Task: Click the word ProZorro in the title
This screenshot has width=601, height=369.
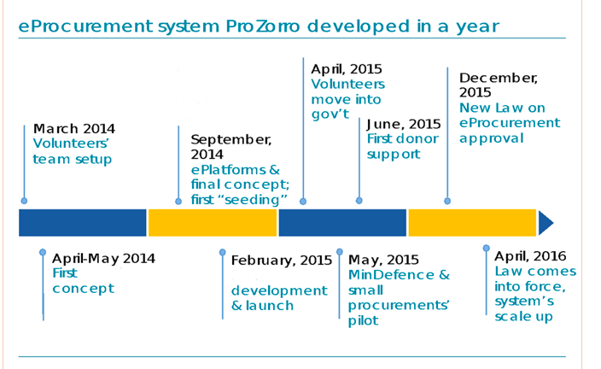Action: pyautogui.click(x=263, y=26)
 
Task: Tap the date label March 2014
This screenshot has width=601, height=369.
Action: pyautogui.click(x=74, y=128)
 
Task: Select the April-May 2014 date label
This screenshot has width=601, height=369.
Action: pyautogui.click(x=103, y=259)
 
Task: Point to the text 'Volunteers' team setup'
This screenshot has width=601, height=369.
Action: pyautogui.click(x=72, y=151)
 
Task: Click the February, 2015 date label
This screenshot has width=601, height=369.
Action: pyautogui.click(x=282, y=261)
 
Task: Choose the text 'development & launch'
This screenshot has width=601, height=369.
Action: pyautogui.click(x=279, y=298)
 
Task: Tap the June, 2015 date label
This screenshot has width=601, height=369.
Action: pyautogui.click(x=404, y=124)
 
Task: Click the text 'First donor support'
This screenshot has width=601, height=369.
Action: pyautogui.click(x=402, y=147)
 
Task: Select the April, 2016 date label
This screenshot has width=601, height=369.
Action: pyautogui.click(x=530, y=256)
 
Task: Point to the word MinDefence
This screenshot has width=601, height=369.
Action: pyautogui.click(x=391, y=275)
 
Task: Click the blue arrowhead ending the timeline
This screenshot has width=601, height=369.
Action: pyautogui.click(x=546, y=223)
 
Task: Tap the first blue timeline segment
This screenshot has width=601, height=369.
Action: pyautogui.click(x=83, y=223)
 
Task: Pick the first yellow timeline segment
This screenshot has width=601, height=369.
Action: pyautogui.click(x=213, y=223)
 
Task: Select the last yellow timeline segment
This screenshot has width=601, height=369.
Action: pyautogui.click(x=472, y=223)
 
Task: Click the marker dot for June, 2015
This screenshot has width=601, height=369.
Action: pyautogui.click(x=359, y=201)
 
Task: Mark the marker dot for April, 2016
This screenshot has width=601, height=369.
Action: pyautogui.click(x=486, y=249)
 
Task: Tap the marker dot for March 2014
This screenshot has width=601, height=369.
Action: pyautogui.click(x=24, y=201)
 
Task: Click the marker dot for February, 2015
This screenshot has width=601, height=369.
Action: pyautogui.click(x=222, y=252)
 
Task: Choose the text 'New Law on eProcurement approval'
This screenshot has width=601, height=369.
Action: pyautogui.click(x=510, y=123)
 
